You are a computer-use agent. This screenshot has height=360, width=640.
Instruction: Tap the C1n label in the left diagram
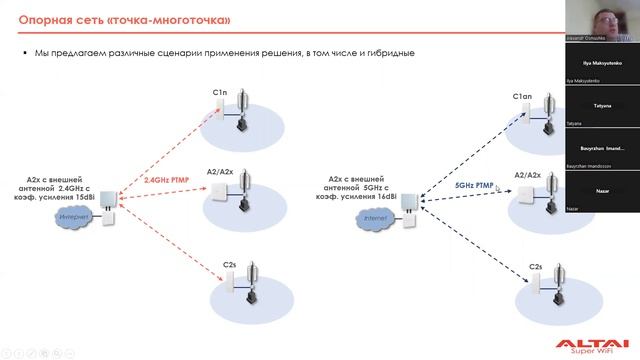pos(221,92)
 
